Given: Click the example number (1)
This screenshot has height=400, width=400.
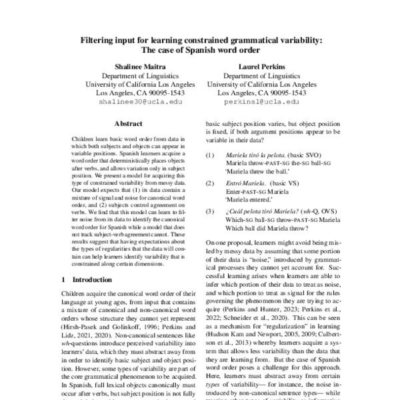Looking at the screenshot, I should pos(209,155).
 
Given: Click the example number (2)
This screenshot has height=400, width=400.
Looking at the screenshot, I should pos(209,182).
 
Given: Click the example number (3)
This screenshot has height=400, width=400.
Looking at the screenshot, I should pos(209,210).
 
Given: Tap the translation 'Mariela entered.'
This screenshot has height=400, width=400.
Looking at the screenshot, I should pos(253,198).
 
